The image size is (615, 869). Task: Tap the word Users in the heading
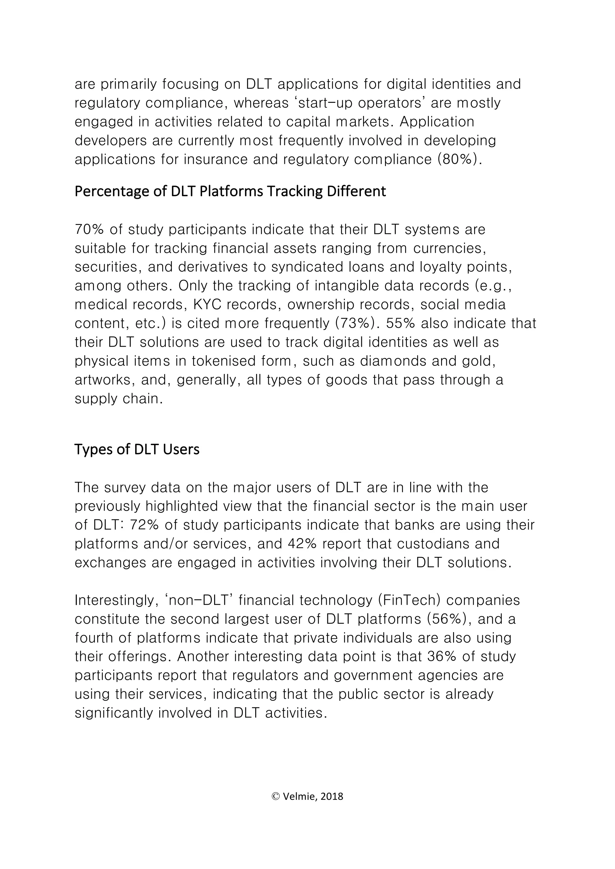point(181,449)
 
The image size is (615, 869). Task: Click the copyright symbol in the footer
point(275,797)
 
